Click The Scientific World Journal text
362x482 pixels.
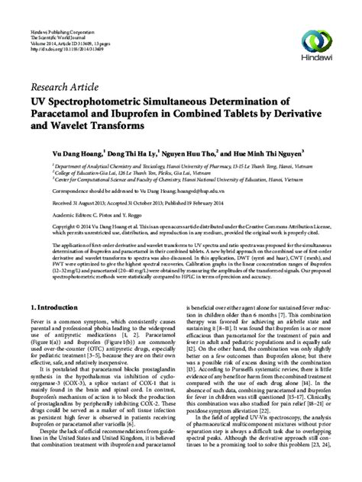point(50,12)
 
